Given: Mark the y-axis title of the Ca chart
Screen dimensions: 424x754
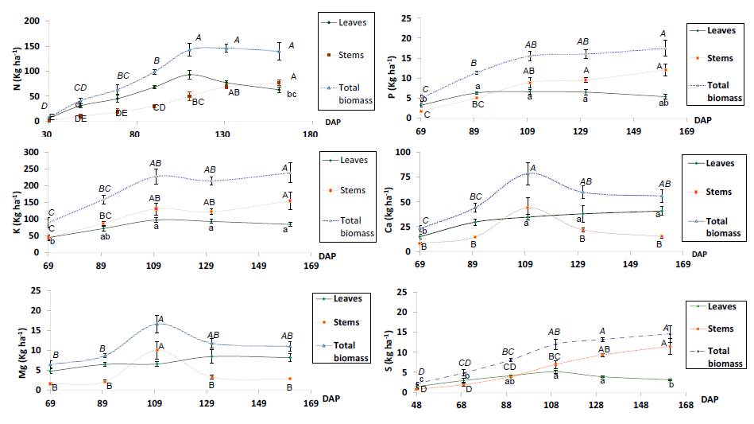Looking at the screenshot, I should (x=389, y=202).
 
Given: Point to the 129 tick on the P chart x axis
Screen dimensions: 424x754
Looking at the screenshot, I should (x=585, y=131).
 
